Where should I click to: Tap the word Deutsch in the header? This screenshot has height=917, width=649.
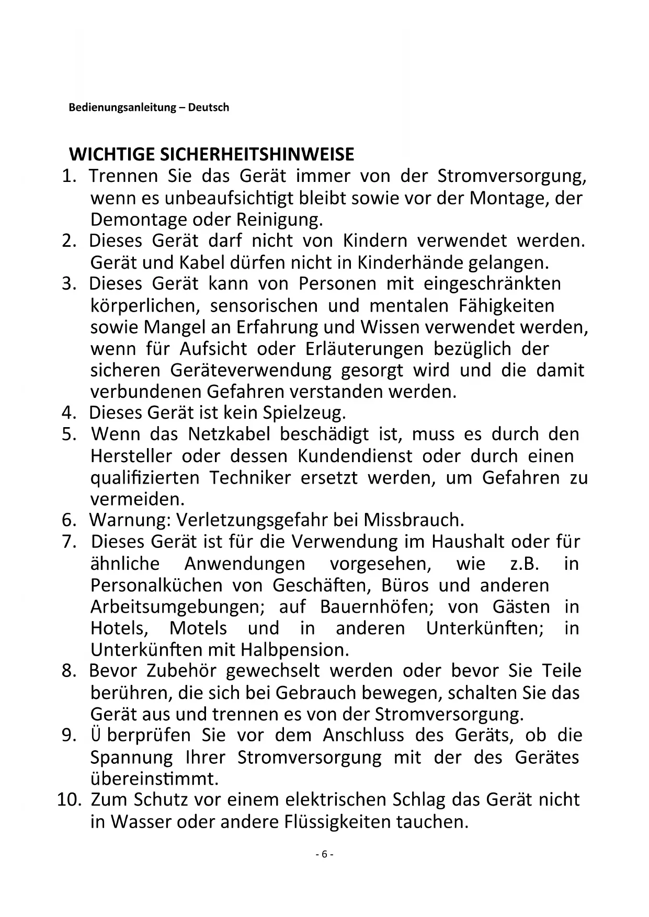coord(209,108)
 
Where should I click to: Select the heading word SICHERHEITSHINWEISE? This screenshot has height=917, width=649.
coord(257,154)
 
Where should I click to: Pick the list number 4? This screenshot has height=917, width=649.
coord(69,413)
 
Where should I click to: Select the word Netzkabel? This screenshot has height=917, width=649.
coord(229,434)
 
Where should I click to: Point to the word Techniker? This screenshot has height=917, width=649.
coord(251,477)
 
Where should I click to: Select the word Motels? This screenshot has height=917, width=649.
coord(198,628)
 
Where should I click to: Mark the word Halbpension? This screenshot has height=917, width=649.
coord(294,650)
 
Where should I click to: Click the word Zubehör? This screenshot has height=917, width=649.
coord(181,671)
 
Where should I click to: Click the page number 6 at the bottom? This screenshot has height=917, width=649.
coord(324,854)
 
